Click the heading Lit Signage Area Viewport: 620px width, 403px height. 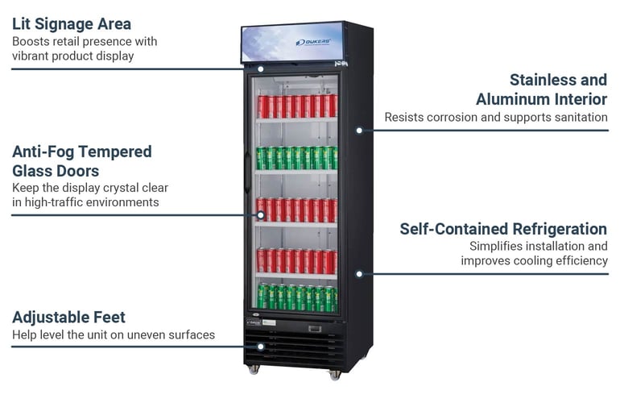pos(72,24)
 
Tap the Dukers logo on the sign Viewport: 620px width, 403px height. pos(313,43)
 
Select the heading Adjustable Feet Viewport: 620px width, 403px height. pos(68,318)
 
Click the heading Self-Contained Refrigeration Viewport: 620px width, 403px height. pos(503,229)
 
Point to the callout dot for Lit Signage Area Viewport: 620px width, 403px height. pos(261,69)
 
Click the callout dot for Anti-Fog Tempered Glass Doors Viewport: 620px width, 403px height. pos(261,215)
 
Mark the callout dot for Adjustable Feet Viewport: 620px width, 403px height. pos(261,347)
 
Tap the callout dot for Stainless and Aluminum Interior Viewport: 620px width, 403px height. pos(359,131)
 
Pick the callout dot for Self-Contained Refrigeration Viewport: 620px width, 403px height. pos(359,273)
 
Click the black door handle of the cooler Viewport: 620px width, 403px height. pos(247,173)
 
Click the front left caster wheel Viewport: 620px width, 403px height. pos(253,370)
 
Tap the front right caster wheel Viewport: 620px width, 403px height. pos(334,375)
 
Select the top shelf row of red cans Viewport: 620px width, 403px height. pos(297,106)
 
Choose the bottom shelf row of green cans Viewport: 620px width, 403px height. pos(297,297)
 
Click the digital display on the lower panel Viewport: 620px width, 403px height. pos(315,329)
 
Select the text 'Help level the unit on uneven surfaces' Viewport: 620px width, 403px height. pos(114,335)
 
